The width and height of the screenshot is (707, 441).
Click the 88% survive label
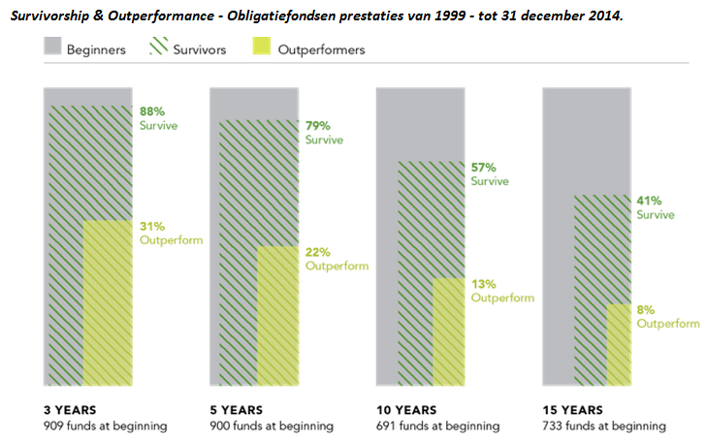152,111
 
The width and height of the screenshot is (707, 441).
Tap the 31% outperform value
152,226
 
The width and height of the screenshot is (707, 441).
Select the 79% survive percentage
318,126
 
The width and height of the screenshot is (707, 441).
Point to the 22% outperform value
318,252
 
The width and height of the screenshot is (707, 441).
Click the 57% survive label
483,168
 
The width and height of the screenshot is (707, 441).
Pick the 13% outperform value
483,284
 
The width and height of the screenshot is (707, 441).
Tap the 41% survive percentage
649,201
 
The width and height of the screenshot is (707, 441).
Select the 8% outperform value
646,310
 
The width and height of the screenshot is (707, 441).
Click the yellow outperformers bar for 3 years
108,302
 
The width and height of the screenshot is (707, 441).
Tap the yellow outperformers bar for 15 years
619,345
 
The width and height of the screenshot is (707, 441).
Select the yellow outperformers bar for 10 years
449,332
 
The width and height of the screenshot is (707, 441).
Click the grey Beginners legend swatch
52,46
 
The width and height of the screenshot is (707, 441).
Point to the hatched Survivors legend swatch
159,46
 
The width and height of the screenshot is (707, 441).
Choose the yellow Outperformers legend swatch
262,46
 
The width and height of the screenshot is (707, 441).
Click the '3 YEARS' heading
70,410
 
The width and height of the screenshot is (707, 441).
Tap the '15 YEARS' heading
572,410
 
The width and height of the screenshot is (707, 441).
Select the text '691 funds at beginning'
438,425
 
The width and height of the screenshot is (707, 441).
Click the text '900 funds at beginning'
272,425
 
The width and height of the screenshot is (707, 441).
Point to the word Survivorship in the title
49,16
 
